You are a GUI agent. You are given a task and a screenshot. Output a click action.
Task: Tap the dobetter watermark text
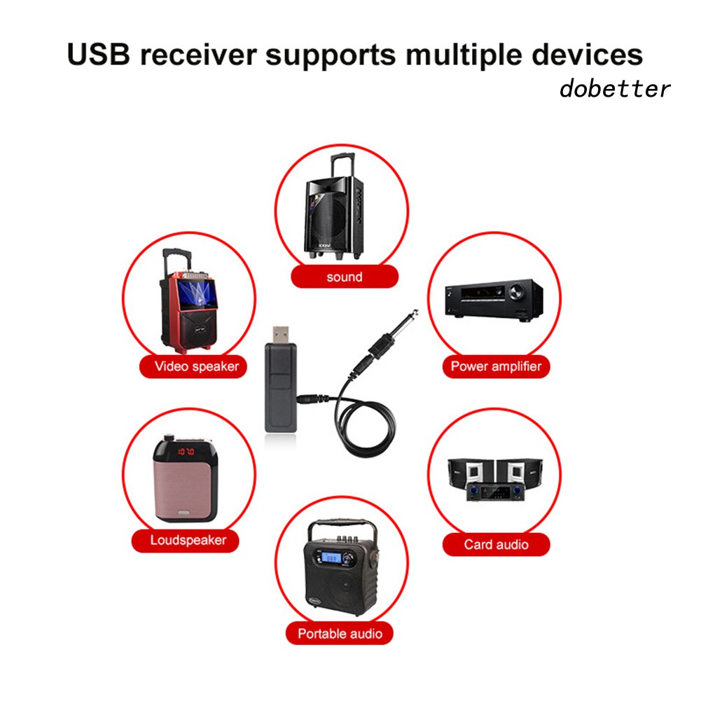(614, 89)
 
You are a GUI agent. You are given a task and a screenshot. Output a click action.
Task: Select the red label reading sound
(345, 277)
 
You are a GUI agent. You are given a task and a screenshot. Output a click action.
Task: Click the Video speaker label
(196, 366)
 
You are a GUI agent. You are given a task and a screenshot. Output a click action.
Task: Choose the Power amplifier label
(496, 366)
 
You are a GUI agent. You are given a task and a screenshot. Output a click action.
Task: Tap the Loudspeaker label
(188, 540)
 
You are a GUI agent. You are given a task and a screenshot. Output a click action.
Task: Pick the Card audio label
(496, 544)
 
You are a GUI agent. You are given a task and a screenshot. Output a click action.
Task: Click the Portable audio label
(340, 633)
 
